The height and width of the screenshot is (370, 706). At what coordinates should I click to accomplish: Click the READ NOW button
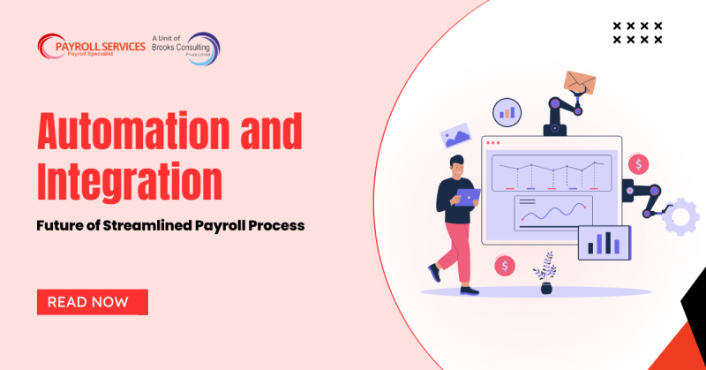click(x=93, y=302)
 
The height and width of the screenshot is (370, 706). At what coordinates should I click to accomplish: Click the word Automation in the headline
click(x=134, y=131)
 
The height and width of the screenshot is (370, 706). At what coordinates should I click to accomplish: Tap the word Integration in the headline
click(x=130, y=182)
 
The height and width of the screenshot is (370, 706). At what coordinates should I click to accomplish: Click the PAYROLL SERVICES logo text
click(x=101, y=47)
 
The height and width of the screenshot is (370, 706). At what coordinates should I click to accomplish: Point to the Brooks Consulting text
click(x=181, y=48)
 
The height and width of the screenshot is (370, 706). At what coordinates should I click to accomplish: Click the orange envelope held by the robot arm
click(x=580, y=82)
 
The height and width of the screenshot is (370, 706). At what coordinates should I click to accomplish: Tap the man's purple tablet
click(x=468, y=197)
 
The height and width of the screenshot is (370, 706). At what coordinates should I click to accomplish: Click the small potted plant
click(x=545, y=274)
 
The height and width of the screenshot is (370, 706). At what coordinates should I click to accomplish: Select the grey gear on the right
click(x=680, y=216)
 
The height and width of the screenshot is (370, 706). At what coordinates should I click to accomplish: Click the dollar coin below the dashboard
click(x=505, y=266)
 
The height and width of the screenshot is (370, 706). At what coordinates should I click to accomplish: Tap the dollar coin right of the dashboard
click(x=638, y=164)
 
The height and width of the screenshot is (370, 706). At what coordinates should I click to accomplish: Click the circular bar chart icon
click(x=507, y=113)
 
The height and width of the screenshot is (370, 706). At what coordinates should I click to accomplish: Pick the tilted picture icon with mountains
click(x=455, y=135)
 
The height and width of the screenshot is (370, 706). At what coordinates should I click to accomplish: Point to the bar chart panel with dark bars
click(x=605, y=243)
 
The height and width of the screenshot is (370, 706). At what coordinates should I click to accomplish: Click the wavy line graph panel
click(x=553, y=213)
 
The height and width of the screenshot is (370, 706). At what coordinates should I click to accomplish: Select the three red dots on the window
click(x=493, y=143)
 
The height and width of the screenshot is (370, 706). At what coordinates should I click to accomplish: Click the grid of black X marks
click(x=637, y=33)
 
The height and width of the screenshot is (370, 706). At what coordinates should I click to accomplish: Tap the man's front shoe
click(x=469, y=291)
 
